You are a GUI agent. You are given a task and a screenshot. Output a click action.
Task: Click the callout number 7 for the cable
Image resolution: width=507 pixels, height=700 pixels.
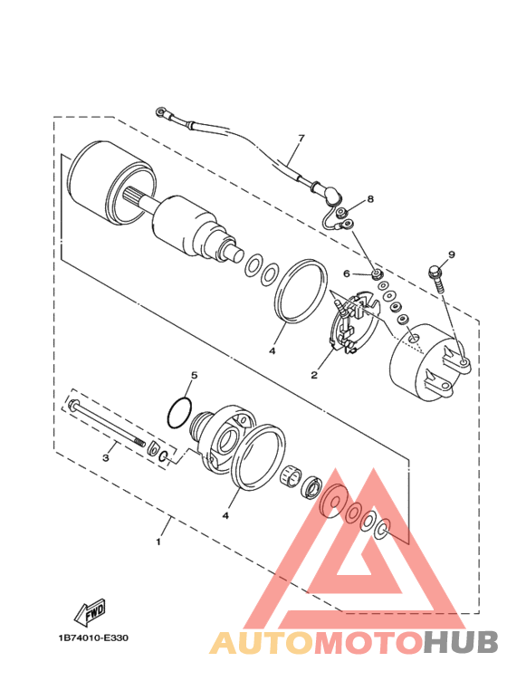tap(301, 139)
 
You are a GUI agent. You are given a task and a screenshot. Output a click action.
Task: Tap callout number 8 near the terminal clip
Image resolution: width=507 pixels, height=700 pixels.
tap(370, 198)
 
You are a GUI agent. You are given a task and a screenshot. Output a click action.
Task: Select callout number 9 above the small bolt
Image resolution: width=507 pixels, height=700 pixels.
tap(452, 254)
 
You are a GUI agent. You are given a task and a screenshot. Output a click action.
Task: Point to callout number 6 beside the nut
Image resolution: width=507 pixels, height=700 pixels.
tap(346, 273)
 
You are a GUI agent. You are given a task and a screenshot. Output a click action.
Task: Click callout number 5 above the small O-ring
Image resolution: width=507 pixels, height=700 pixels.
tap(193, 374)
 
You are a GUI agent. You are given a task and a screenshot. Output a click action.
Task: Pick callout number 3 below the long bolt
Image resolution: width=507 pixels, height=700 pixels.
tap(105, 457)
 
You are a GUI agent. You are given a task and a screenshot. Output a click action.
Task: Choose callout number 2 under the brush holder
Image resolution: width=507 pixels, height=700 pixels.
tap(315, 373)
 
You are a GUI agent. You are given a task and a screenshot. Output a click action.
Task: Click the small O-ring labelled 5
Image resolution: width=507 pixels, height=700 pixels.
tap(180, 411)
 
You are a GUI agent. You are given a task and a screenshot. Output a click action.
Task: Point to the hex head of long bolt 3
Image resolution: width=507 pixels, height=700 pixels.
tap(72, 404)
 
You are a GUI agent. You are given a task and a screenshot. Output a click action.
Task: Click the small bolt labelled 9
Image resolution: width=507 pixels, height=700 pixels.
tap(435, 273)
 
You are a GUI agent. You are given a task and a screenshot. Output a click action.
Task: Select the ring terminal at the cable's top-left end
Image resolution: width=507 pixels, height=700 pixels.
tap(162, 114)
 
